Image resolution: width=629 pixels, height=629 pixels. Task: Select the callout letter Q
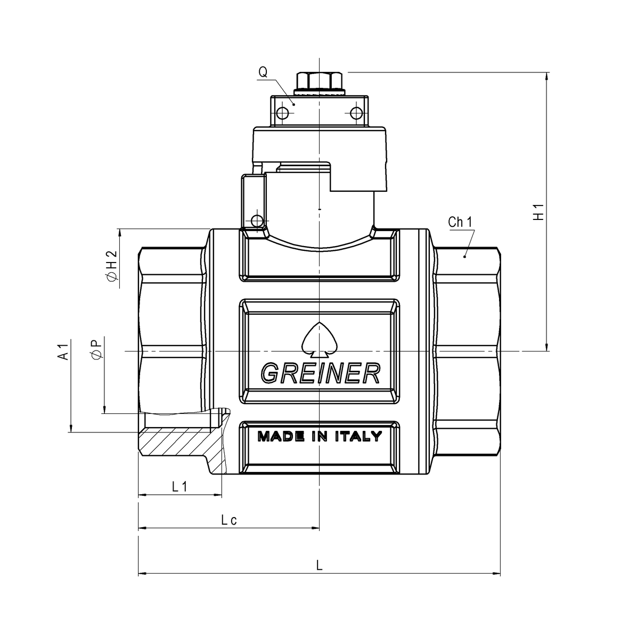coord(263,71)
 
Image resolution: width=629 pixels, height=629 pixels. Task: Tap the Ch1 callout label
coord(461,222)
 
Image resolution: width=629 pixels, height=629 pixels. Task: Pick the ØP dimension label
coord(97,349)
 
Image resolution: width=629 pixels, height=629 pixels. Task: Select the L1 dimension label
coord(179,486)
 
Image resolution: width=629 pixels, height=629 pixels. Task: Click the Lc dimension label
coord(229,520)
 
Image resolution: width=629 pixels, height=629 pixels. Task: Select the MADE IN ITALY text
coord(320,437)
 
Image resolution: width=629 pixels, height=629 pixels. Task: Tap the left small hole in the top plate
coord(282,113)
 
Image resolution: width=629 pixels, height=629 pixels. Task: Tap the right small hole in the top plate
coord(355,113)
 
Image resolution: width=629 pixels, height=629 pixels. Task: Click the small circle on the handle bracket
coord(258,220)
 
